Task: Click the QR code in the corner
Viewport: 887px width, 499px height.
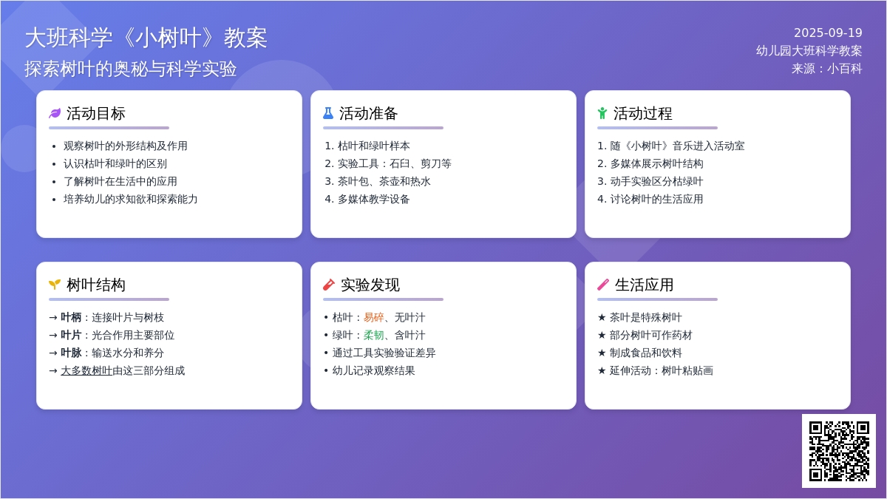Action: point(839,451)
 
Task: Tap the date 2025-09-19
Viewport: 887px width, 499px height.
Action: point(828,33)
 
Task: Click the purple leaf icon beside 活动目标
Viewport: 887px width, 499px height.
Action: point(55,113)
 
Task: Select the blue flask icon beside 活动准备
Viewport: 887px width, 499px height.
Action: point(328,113)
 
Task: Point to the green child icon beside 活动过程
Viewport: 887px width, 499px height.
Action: point(602,113)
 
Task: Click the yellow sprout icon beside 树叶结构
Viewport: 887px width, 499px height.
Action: point(55,285)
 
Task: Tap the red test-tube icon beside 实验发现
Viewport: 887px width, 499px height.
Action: point(329,285)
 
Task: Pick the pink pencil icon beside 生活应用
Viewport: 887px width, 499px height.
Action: point(603,285)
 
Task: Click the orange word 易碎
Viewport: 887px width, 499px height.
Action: point(374,317)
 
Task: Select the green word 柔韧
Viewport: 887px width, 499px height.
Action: point(374,335)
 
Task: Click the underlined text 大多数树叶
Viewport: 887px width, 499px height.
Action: point(86,370)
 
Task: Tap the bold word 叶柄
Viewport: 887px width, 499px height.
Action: point(71,317)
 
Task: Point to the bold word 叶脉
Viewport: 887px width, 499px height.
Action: point(71,353)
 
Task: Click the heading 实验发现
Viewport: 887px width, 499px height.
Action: point(370,285)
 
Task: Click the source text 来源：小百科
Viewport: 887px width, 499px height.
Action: point(827,69)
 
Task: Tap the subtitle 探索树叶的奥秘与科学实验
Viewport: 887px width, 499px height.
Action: point(131,69)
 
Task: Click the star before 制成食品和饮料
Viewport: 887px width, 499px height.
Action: point(602,353)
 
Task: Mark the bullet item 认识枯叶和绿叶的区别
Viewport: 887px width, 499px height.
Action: point(115,163)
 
